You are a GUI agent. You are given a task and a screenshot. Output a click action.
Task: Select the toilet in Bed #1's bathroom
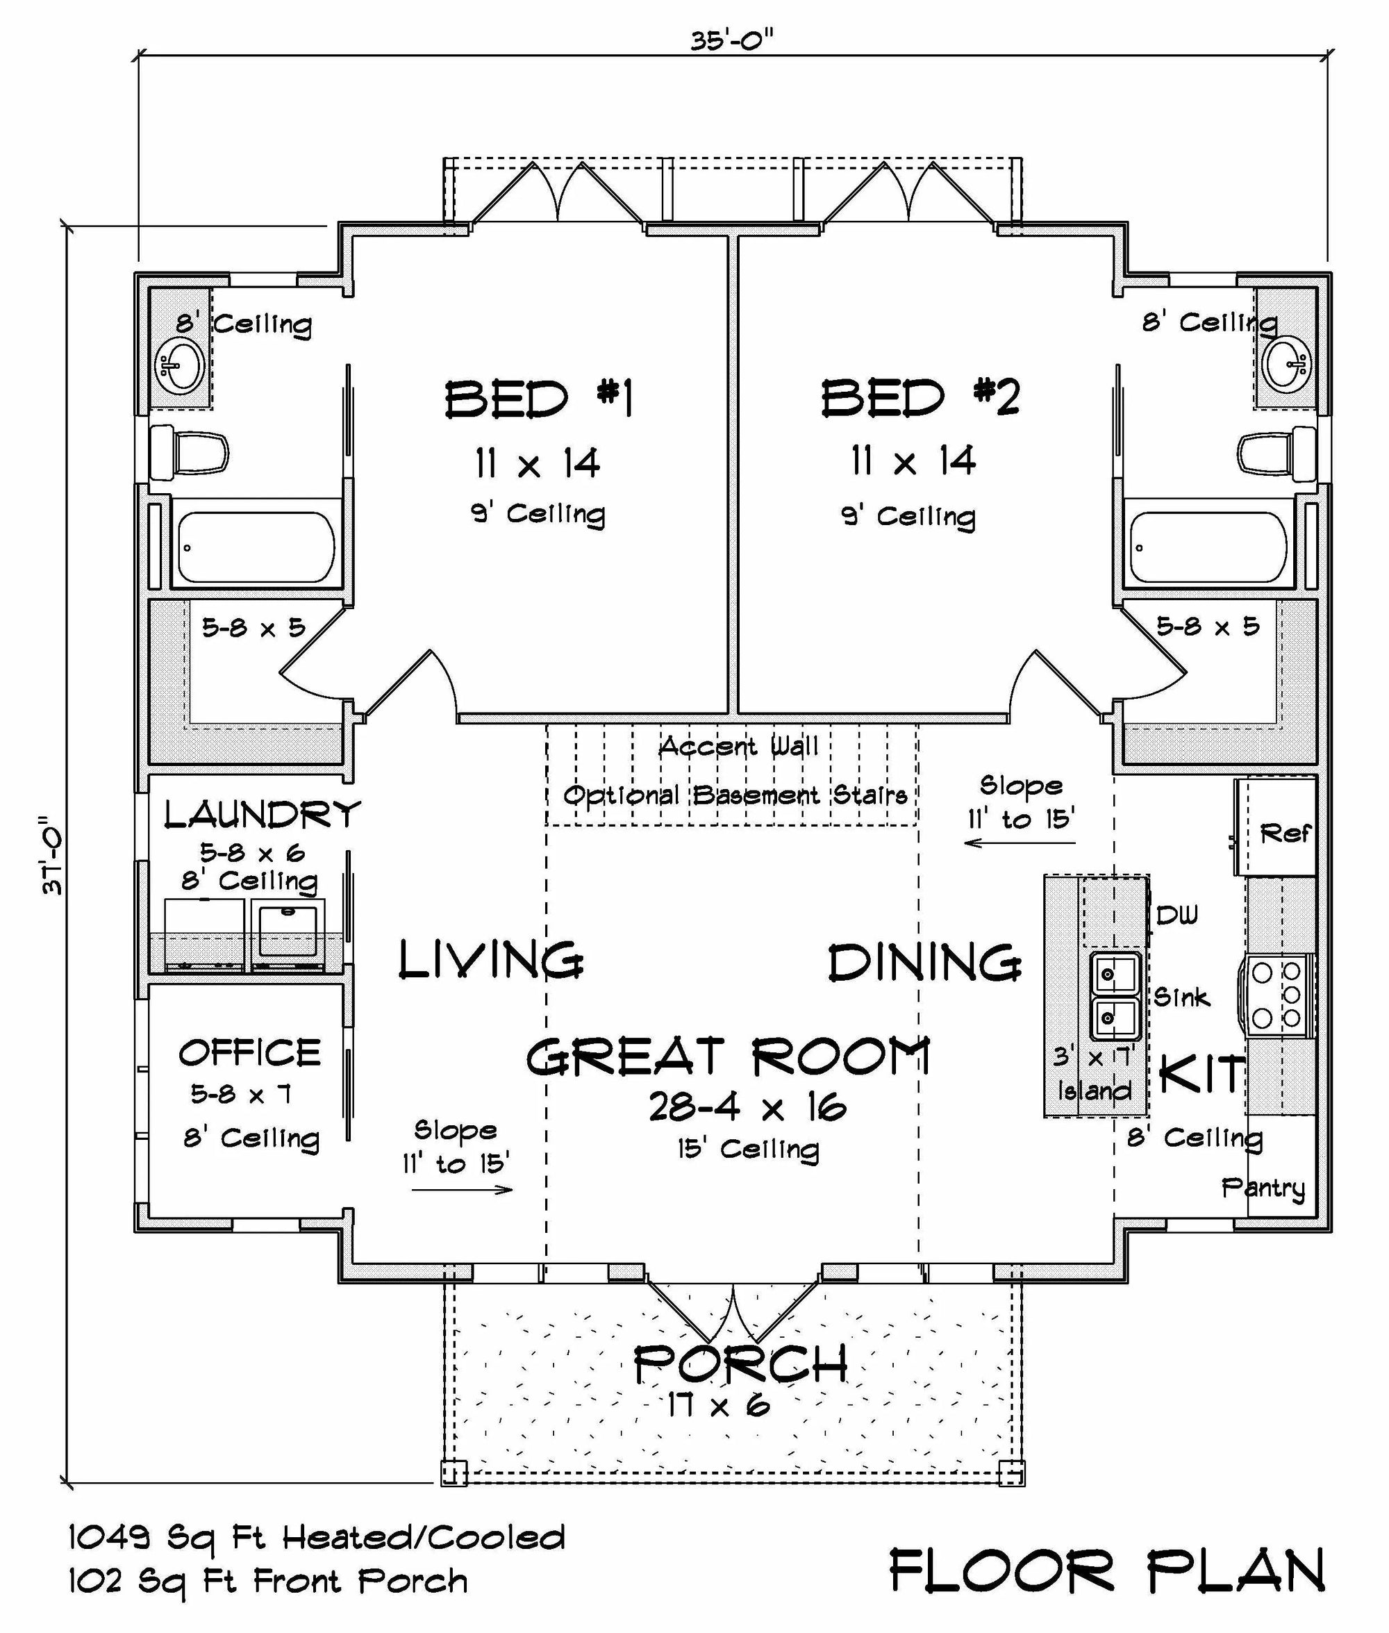click(189, 452)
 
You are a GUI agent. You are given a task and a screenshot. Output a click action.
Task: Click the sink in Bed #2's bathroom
click(1287, 363)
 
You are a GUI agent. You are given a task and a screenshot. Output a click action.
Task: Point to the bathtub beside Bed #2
click(1208, 547)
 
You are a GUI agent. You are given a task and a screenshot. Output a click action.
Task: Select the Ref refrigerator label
click(1286, 833)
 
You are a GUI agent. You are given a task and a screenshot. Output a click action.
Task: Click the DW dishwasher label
click(1177, 915)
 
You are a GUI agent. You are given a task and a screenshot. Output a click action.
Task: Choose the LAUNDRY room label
click(263, 814)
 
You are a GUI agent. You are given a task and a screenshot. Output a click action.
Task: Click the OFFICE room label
click(249, 1053)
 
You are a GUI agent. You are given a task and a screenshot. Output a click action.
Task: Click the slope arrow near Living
click(463, 1189)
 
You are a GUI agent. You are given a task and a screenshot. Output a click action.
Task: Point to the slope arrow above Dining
click(1020, 843)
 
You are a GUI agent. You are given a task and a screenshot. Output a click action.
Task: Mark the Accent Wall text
click(738, 747)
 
